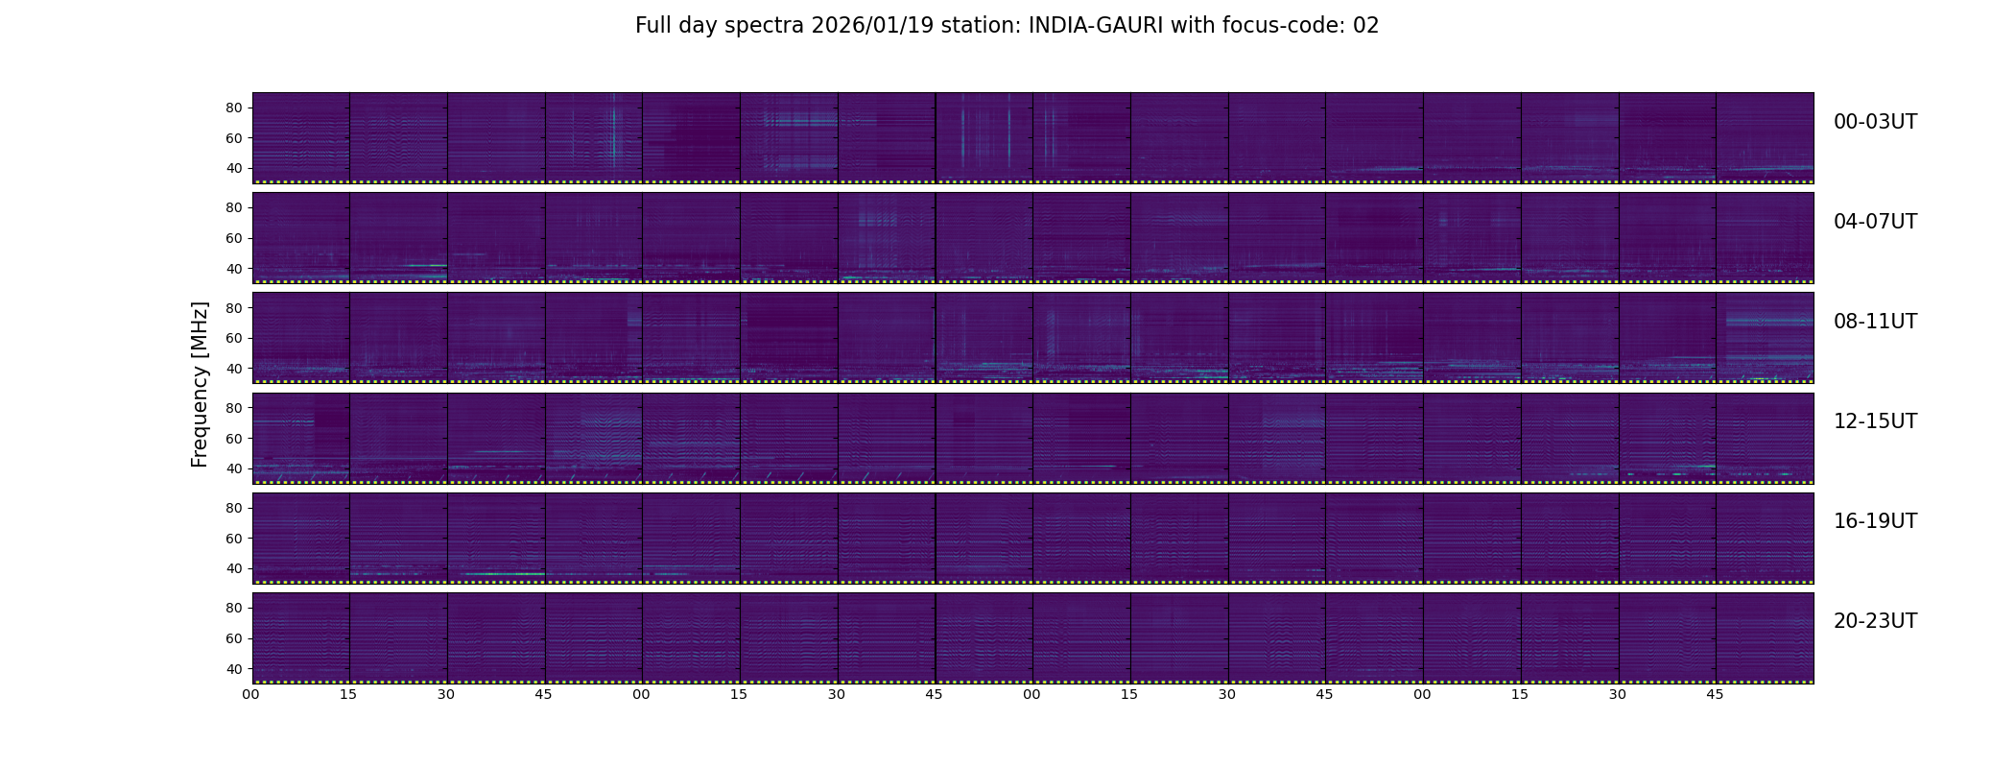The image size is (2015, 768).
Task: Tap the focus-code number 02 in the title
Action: pyautogui.click(x=1365, y=26)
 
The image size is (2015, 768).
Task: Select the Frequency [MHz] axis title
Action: pyautogui.click(x=200, y=385)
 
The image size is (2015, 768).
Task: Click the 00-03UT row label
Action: pyautogui.click(x=1875, y=122)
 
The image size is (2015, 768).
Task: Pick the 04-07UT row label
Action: pyautogui.click(x=1875, y=222)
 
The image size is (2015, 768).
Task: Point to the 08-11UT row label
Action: pyautogui.click(x=1875, y=322)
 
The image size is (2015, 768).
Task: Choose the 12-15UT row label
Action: pyautogui.click(x=1875, y=421)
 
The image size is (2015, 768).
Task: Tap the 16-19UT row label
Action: pyautogui.click(x=1875, y=521)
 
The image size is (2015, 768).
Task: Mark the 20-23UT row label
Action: pyautogui.click(x=1875, y=621)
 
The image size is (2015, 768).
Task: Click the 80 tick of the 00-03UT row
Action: pyautogui.click(x=233, y=108)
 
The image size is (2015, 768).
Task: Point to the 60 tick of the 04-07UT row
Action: pyautogui.click(x=233, y=238)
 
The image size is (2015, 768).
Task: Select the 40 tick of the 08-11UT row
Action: pyautogui.click(x=233, y=369)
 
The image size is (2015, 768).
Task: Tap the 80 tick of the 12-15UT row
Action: pyautogui.click(x=233, y=408)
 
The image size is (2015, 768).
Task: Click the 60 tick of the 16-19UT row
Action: pyautogui.click(x=233, y=539)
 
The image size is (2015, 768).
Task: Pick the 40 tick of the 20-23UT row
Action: pyautogui.click(x=233, y=669)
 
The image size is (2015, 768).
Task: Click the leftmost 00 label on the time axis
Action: pyautogui.click(x=251, y=695)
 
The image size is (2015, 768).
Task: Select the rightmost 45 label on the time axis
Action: pyautogui.click(x=1716, y=695)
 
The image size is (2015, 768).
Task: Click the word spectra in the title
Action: pyautogui.click(x=765, y=27)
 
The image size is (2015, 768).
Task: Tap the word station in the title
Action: pyautogui.click(x=981, y=26)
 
